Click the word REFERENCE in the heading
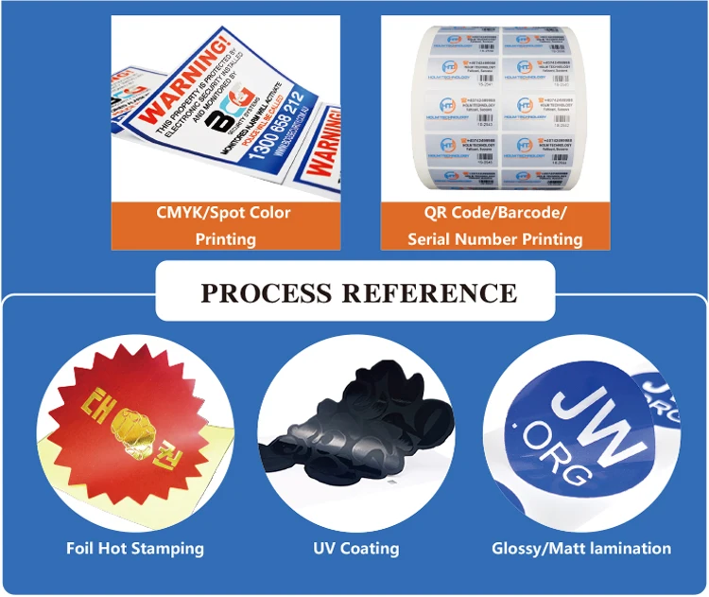pyautogui.click(x=429, y=292)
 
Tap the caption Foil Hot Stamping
pyautogui.click(x=135, y=548)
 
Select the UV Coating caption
pyautogui.click(x=356, y=548)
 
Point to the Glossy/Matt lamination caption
pyautogui.click(x=581, y=548)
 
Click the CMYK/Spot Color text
pyautogui.click(x=225, y=213)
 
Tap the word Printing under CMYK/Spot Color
pyautogui.click(x=225, y=238)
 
